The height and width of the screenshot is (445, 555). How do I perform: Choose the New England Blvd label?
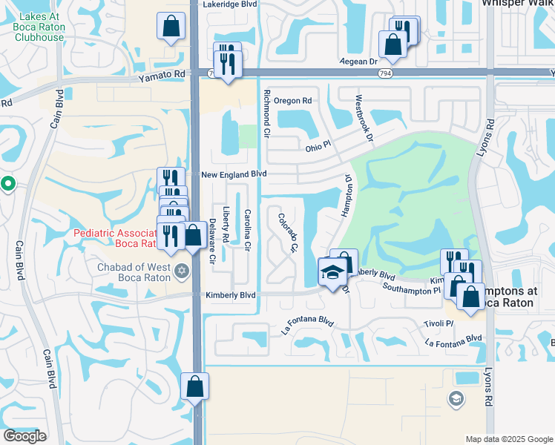234,174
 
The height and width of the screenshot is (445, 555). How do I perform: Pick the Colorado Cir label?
288,232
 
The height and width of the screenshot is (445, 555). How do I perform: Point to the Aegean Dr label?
358,62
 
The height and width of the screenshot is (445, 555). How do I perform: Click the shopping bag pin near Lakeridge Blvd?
171,27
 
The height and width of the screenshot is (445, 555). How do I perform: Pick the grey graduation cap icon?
456,399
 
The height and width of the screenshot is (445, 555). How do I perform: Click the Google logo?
25,436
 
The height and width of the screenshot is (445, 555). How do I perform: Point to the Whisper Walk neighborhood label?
517,3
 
